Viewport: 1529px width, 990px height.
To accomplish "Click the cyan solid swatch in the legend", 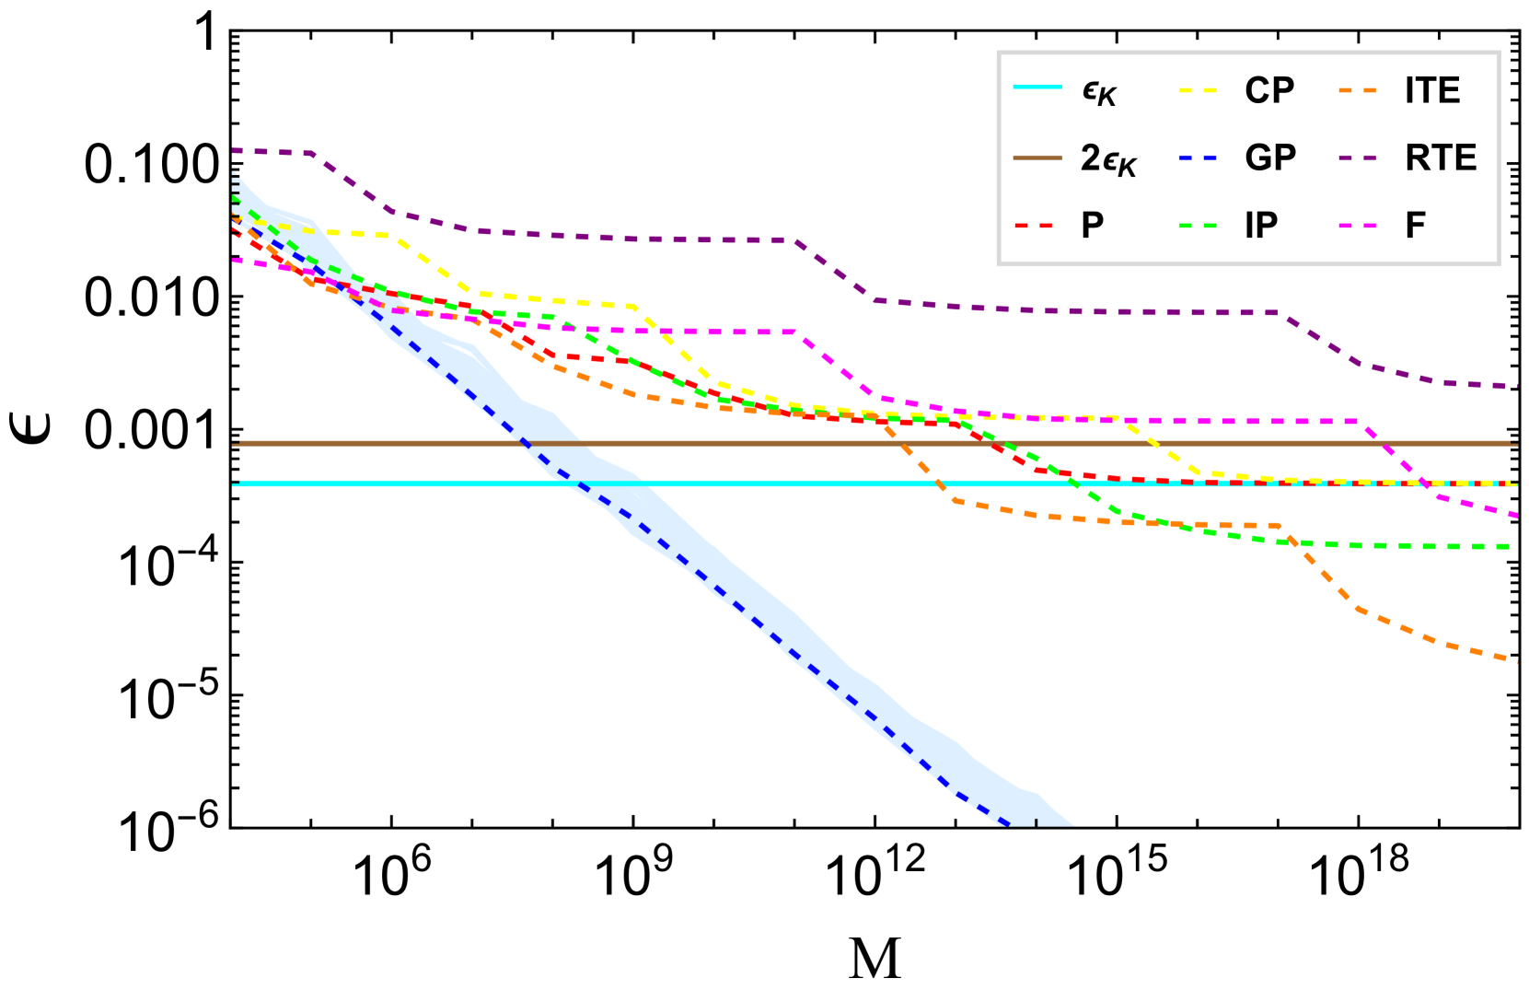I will click(x=1037, y=87).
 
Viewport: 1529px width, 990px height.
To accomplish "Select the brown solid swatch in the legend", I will click(x=1037, y=158).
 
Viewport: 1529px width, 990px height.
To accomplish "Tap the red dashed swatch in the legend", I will click(x=1033, y=226).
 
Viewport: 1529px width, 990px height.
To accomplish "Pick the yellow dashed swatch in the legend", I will click(x=1198, y=90).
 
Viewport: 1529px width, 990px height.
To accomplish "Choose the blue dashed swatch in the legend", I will click(x=1198, y=158).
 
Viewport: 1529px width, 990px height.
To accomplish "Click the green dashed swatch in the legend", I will click(x=1198, y=226).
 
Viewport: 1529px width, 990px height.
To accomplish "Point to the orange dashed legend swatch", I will click(x=1358, y=90).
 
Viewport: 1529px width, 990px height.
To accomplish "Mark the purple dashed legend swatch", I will click(x=1358, y=158).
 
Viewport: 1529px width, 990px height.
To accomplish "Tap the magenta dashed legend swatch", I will click(x=1358, y=226).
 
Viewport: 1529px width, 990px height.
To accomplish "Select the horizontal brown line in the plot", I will click(x=736, y=443).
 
